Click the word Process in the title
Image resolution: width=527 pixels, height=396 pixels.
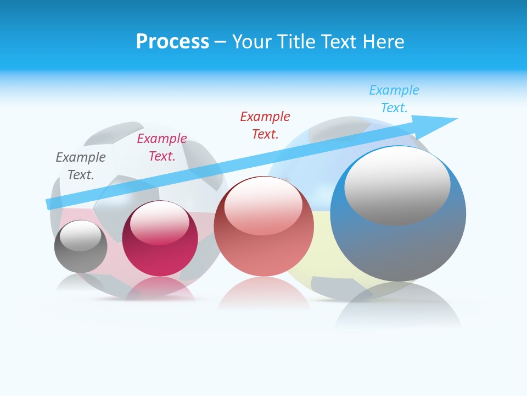pos(172,42)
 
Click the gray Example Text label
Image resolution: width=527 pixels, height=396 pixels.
pos(81,166)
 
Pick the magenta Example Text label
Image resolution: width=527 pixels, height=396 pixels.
pos(162,147)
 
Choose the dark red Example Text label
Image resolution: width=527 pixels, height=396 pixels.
pos(265,125)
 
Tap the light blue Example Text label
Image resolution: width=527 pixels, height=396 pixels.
pos(394,99)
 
